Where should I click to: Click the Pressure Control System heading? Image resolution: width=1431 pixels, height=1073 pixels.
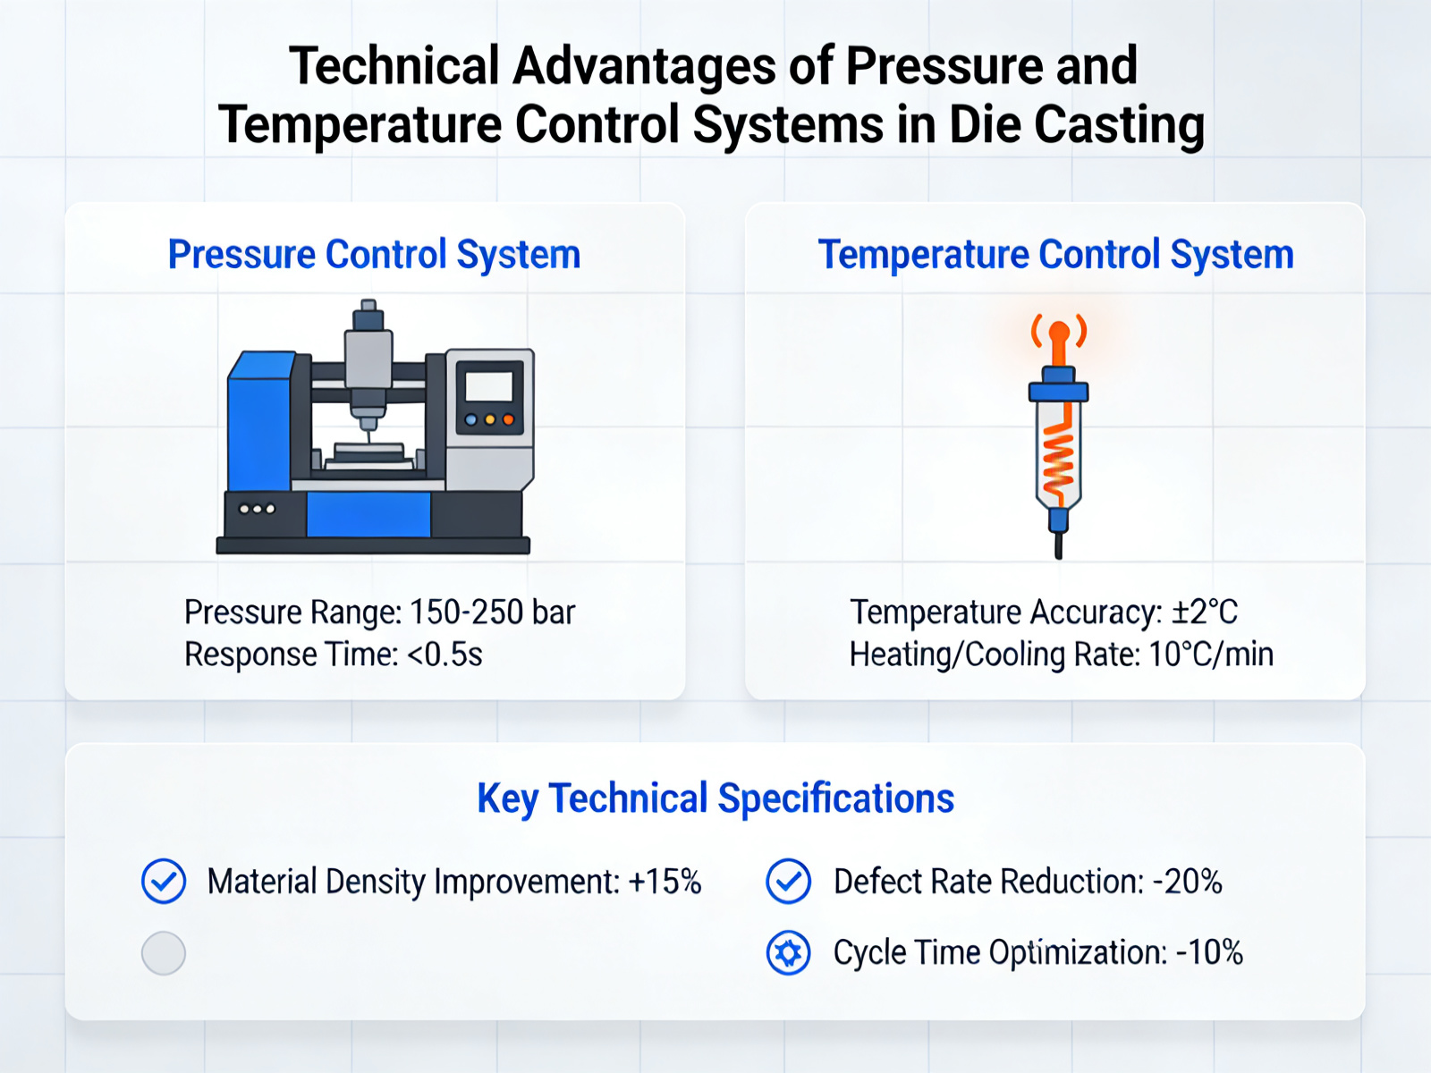(x=374, y=255)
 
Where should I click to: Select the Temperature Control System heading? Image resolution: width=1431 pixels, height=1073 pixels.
(x=1055, y=255)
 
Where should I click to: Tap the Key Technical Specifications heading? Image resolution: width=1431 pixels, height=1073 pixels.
(x=715, y=798)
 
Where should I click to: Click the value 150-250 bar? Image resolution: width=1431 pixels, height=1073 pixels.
(x=492, y=613)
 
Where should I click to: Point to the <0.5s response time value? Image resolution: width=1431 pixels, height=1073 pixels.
(x=445, y=655)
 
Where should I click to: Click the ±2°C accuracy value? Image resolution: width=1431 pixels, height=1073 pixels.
(x=1205, y=613)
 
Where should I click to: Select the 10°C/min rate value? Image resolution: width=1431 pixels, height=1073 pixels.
(x=1211, y=655)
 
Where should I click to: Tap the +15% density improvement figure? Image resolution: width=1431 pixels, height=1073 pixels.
(x=665, y=882)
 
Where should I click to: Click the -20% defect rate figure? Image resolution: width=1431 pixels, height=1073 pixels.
(x=1187, y=882)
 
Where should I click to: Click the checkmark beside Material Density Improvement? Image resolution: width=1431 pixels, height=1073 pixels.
(x=164, y=882)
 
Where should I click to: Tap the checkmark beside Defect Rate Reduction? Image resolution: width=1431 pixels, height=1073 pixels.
(x=789, y=882)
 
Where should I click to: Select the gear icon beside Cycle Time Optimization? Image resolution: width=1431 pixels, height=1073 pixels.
(x=789, y=953)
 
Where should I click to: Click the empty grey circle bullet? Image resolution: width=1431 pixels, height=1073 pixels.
(x=164, y=953)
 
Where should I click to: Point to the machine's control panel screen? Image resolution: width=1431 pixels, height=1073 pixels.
(x=489, y=386)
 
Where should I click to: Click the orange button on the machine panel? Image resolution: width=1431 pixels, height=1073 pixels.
(x=508, y=419)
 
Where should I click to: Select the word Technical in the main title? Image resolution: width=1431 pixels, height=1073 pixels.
(x=394, y=66)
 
